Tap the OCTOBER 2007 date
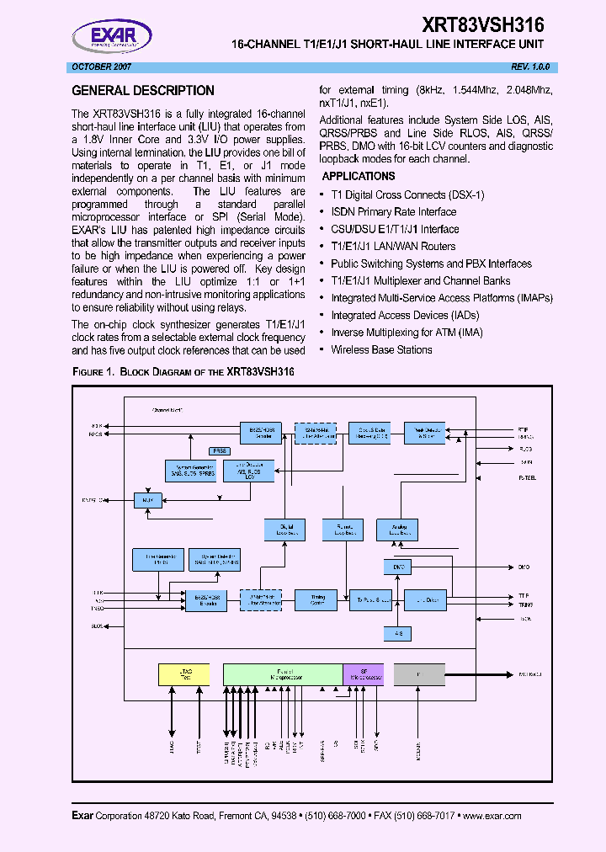(99, 67)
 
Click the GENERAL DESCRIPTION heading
(143, 91)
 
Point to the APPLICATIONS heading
(359, 177)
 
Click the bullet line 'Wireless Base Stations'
(381, 349)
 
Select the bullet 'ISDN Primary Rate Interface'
(393, 212)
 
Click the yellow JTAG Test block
(184, 674)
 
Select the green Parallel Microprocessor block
(283, 674)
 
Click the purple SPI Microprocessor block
(364, 674)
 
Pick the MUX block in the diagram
(147, 500)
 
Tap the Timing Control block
(318, 599)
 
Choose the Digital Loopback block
(284, 530)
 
